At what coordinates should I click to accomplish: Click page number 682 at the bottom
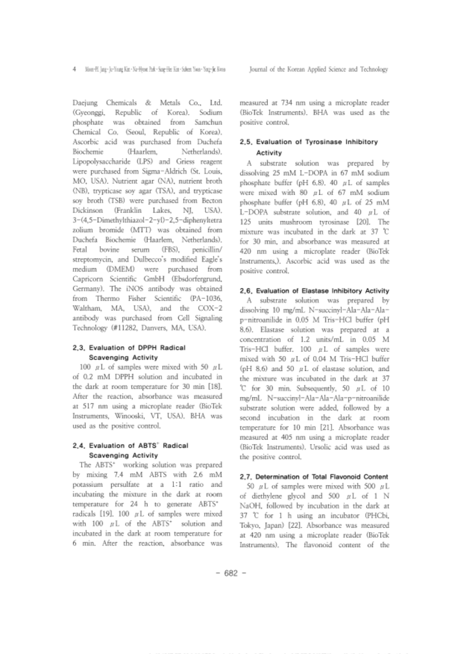231,573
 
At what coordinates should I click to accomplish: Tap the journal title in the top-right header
319,69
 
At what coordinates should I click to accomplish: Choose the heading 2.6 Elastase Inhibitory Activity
314,290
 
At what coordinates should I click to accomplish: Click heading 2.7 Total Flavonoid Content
314,477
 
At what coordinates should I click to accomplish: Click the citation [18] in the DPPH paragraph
216,387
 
